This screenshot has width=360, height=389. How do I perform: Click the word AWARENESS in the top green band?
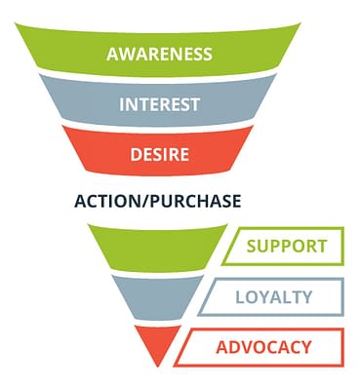159,54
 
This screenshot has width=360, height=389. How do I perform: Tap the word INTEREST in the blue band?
159,104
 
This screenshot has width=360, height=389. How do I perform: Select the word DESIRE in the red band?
159,154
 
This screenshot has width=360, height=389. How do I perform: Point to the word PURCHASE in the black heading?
195,201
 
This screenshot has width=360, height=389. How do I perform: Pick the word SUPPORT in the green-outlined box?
287,246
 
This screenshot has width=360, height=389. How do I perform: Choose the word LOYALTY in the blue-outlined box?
273,297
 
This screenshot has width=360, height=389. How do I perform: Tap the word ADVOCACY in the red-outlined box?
263,347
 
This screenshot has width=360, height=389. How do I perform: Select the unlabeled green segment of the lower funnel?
158,248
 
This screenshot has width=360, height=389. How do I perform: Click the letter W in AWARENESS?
126,54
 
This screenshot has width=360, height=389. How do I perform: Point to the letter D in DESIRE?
136,154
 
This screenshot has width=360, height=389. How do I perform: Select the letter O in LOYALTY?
250,297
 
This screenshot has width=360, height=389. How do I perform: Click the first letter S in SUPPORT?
252,246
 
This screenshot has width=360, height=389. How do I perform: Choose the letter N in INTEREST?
131,104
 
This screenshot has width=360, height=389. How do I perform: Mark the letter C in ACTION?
93,201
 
